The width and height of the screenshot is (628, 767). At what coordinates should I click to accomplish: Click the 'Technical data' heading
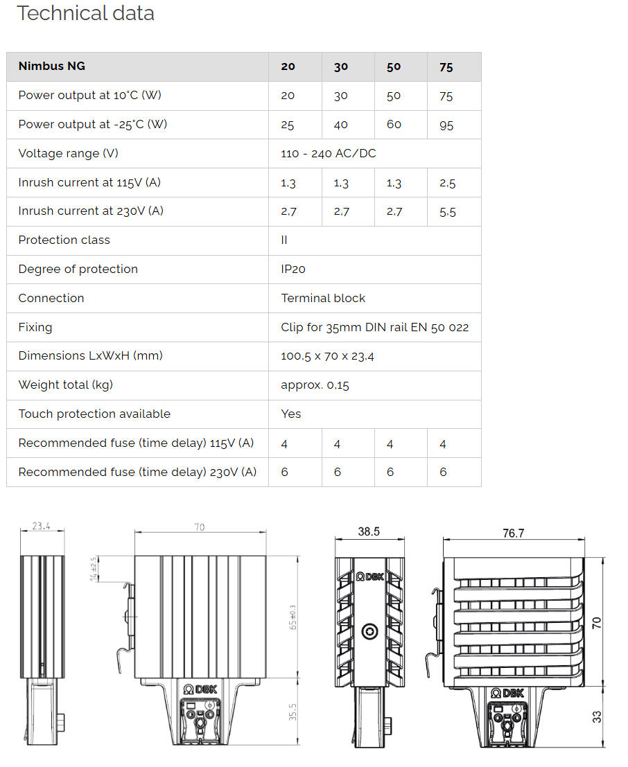pos(85,13)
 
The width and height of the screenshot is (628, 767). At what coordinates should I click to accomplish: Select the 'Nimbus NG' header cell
pos(52,67)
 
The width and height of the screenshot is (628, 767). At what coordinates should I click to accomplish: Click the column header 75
pos(446,67)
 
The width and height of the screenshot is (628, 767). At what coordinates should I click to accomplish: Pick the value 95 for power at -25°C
pos(446,125)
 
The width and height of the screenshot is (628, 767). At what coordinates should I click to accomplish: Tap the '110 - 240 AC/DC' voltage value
pos(329,154)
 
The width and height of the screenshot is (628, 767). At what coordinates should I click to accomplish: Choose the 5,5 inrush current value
pos(448,212)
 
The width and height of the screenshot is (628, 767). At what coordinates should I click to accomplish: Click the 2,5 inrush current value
pos(448,183)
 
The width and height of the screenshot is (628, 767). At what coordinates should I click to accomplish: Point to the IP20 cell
pos(293,270)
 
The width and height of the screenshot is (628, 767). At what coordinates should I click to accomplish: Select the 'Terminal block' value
pos(323,299)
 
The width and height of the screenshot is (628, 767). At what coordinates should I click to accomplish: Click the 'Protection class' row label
pos(64,240)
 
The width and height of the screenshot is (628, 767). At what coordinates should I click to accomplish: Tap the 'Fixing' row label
pos(35,327)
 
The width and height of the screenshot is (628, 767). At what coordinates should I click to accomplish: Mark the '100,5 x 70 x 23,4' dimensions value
pos(329,356)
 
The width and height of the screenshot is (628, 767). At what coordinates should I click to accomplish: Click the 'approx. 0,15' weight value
pos(315,385)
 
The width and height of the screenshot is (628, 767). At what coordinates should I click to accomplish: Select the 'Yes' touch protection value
pos(291,414)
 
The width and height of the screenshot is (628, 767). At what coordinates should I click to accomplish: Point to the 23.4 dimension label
pos(42,526)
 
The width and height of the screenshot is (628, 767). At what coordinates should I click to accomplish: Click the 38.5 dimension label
pos(369,532)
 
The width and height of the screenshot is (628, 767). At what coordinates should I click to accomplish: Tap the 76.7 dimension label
pos(513,533)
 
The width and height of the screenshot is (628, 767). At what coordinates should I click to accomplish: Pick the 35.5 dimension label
pos(293,712)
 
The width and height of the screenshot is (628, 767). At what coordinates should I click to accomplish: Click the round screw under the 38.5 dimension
pos(369,631)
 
